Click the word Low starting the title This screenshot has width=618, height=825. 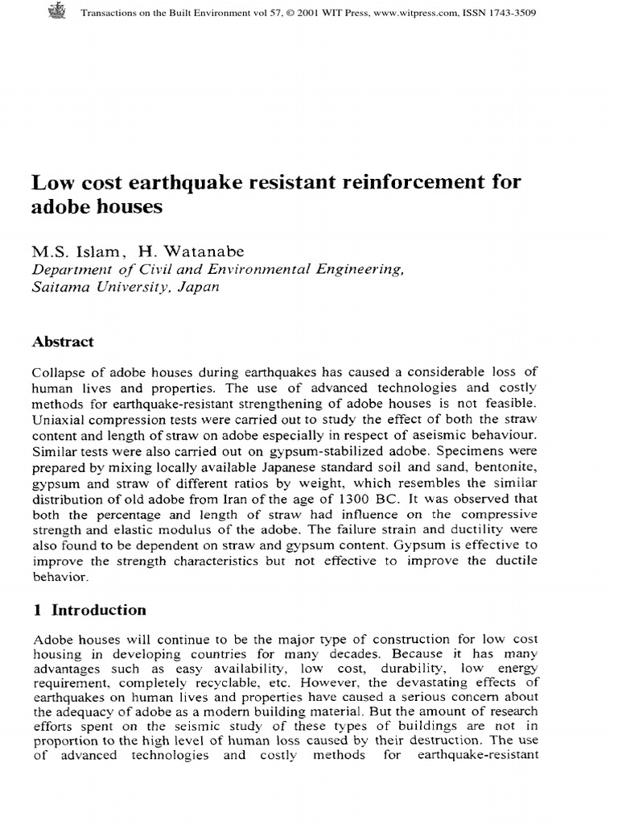50,182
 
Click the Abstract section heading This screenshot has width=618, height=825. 63,342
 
